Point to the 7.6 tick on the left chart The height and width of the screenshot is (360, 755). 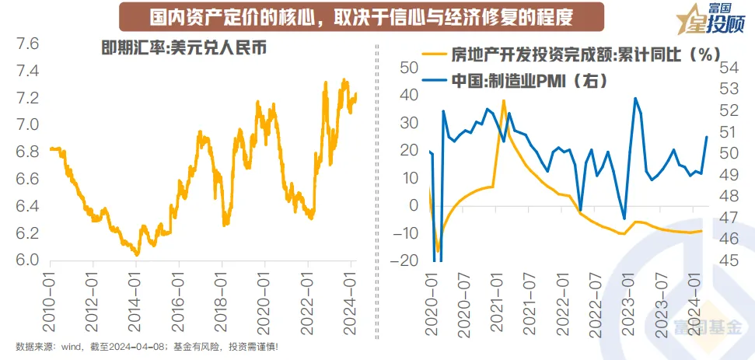(x=28, y=44)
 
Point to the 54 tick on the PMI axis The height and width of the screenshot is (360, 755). (x=728, y=68)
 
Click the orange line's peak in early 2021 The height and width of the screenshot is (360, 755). (x=504, y=100)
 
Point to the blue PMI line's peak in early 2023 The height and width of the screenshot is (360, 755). (x=635, y=98)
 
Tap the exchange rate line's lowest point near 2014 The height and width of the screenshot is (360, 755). (x=137, y=254)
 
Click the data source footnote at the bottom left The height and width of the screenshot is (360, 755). (x=148, y=347)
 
